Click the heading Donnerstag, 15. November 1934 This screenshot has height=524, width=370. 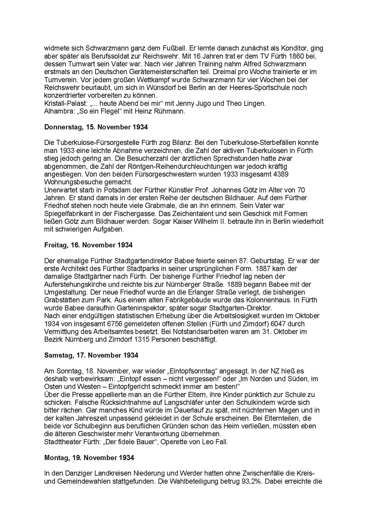96,127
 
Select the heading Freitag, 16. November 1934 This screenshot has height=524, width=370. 88,245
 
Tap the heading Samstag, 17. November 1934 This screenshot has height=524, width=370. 91,355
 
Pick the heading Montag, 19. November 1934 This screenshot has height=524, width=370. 89,458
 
